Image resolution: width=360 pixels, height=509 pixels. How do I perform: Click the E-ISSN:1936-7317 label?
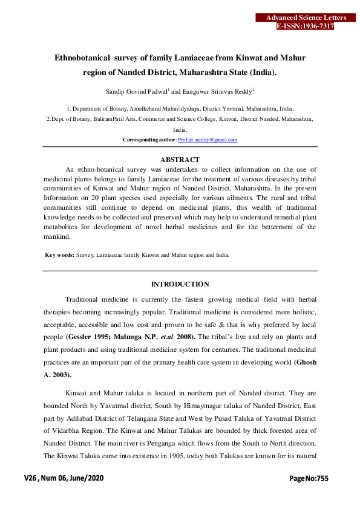(x=305, y=27)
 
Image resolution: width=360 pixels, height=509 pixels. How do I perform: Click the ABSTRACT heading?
(x=180, y=160)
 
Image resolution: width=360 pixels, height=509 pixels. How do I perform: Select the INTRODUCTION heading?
(x=180, y=284)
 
